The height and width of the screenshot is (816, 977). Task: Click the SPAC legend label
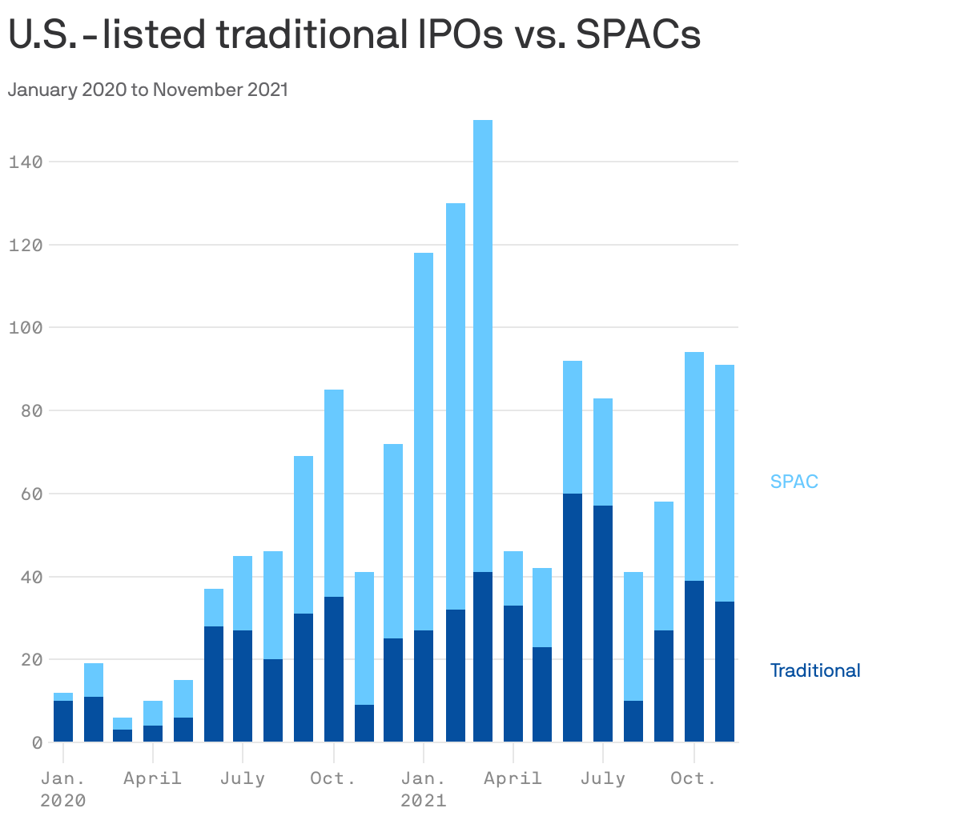tap(794, 482)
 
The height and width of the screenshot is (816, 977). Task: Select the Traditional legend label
tap(814, 670)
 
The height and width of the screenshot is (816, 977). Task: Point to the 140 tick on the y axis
tap(25, 162)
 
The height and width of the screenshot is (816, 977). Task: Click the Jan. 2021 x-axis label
tap(423, 788)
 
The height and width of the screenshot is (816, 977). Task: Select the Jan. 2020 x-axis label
tap(62, 788)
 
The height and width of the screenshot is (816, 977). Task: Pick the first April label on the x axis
tap(152, 778)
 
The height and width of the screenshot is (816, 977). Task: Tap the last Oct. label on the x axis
tap(693, 778)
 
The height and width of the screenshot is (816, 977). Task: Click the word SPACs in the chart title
tap(638, 35)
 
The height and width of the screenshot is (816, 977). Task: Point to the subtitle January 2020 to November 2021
tap(147, 90)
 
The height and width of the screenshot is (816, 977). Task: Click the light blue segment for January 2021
tap(424, 440)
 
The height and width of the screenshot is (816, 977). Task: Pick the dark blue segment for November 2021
tap(725, 672)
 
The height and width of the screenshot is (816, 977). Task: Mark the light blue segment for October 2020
tap(334, 492)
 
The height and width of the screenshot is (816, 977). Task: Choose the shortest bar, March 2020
tap(123, 730)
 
